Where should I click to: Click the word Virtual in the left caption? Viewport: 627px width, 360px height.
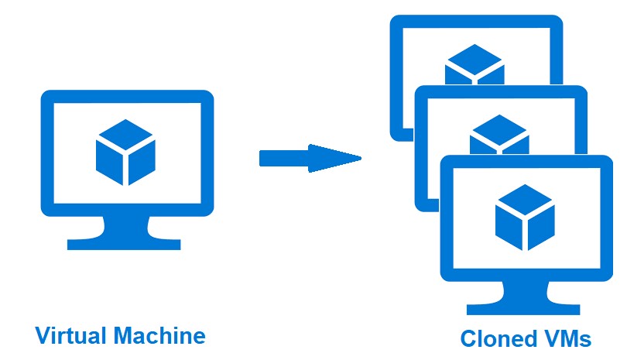click(x=71, y=335)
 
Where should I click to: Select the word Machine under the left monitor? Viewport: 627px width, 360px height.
click(x=159, y=335)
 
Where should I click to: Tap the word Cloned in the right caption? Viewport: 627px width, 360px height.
click(x=497, y=338)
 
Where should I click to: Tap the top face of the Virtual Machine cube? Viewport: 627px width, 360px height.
click(x=125, y=133)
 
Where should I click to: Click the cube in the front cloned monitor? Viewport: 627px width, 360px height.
click(x=525, y=217)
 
